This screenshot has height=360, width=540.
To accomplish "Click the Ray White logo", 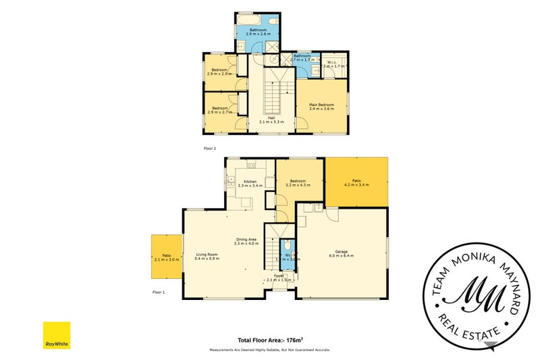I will (x=57, y=336).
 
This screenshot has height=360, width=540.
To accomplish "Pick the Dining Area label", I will (x=246, y=242).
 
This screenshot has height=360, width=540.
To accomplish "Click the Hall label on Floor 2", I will (x=271, y=120).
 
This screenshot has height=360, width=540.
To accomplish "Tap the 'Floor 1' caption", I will (x=159, y=292).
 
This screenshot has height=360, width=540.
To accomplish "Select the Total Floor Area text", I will (x=269, y=340).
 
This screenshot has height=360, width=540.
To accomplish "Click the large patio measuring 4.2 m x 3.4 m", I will (x=356, y=182).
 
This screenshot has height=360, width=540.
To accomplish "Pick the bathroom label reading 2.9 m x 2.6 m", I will (x=259, y=32).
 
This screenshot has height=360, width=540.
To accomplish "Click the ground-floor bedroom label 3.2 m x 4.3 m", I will (x=298, y=183).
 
